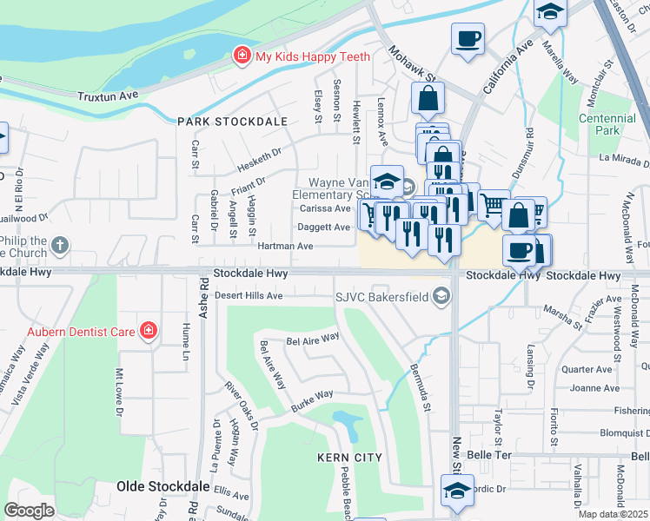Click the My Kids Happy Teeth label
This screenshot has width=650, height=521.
(312, 56)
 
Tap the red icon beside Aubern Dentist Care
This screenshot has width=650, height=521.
(149, 331)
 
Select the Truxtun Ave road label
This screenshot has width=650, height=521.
(108, 96)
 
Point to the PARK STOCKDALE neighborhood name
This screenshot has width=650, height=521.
(232, 122)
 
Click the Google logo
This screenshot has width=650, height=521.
(30, 510)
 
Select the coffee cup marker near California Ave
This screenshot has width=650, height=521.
(468, 40)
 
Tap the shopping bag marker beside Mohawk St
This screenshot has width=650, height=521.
(428, 101)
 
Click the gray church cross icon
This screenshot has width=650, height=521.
(60, 246)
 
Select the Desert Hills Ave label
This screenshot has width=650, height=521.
(249, 295)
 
